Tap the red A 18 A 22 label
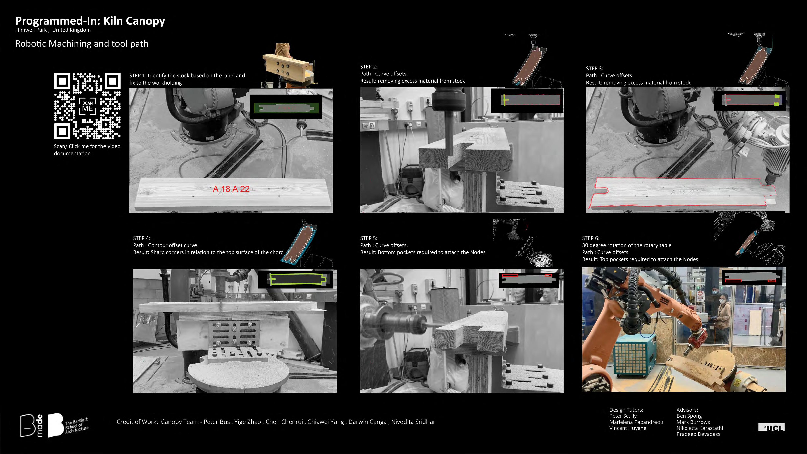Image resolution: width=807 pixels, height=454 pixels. point(231,189)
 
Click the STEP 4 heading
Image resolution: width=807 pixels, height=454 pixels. point(142,238)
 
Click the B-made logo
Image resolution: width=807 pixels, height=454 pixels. point(31,426)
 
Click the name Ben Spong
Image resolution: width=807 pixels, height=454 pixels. point(689,416)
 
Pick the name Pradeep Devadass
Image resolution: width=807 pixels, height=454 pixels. point(698,434)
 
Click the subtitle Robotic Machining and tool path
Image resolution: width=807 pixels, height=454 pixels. point(82,44)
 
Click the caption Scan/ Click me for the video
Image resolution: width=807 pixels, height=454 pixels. point(87,146)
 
